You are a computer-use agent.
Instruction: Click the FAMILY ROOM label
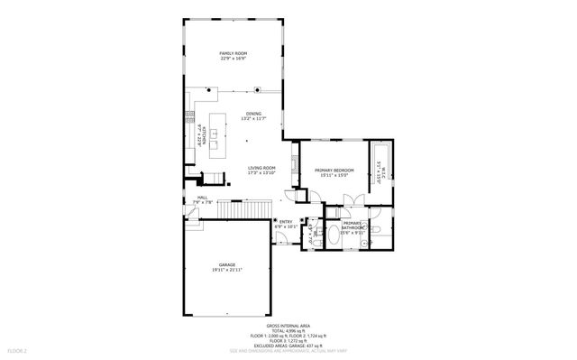pyautogui.click(x=234, y=54)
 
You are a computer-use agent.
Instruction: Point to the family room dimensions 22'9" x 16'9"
pyautogui.click(x=234, y=60)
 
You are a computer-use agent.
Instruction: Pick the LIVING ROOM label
pyautogui.click(x=262, y=168)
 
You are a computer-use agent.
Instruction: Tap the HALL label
pyautogui.click(x=203, y=197)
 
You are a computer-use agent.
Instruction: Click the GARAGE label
pyautogui.click(x=227, y=264)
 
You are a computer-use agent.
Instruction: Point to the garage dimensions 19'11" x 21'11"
pyautogui.click(x=227, y=270)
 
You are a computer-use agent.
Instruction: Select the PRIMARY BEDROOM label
pyautogui.click(x=334, y=171)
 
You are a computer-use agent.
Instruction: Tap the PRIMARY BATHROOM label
pyautogui.click(x=352, y=225)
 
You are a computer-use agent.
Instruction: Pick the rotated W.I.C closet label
pyautogui.click(x=379, y=171)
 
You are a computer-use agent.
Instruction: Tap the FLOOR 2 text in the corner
pyautogui.click(x=18, y=349)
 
